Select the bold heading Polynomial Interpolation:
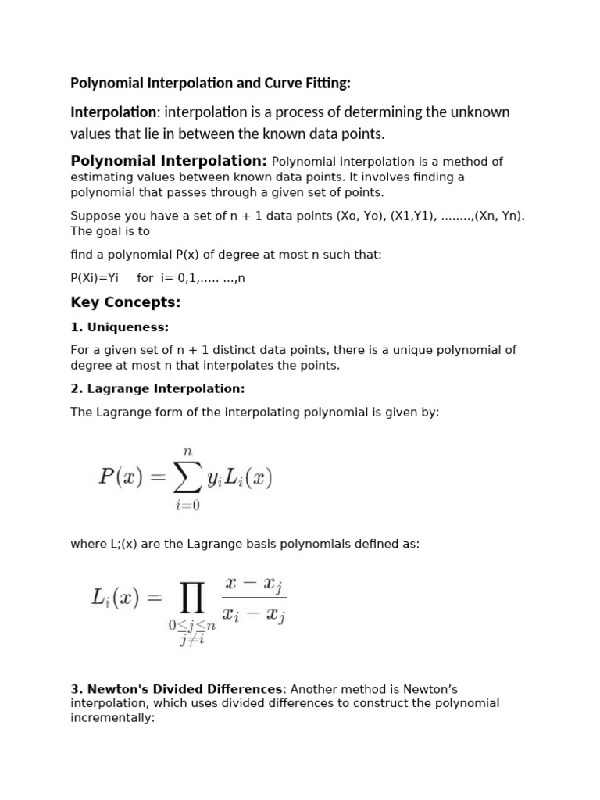(x=169, y=161)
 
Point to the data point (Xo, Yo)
(x=359, y=216)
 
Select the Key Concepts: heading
(x=126, y=302)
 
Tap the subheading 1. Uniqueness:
(x=120, y=327)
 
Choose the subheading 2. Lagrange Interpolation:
(x=158, y=388)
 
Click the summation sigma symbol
(x=187, y=477)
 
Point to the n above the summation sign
(x=187, y=451)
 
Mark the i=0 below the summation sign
(x=187, y=505)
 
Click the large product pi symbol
(x=192, y=599)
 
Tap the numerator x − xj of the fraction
(x=255, y=584)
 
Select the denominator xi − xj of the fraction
(x=254, y=616)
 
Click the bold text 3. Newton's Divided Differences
(x=176, y=689)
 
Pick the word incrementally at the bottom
(x=112, y=716)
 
